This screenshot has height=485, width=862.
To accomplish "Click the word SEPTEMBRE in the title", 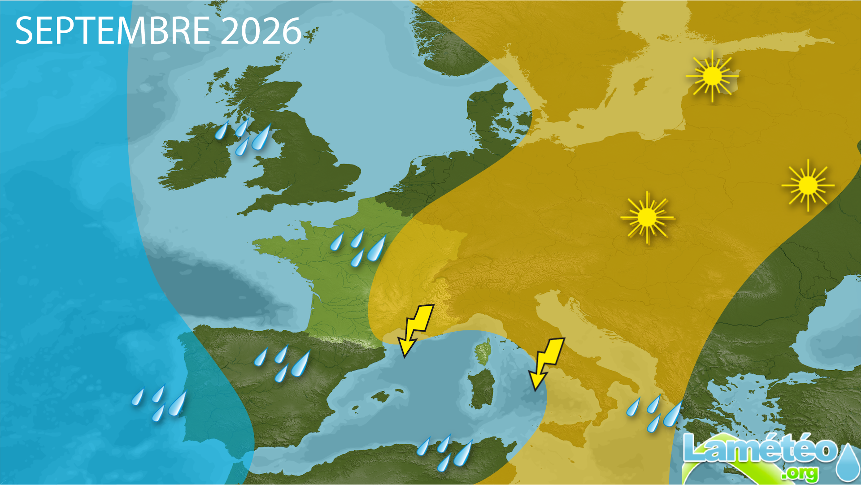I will coord(112,30).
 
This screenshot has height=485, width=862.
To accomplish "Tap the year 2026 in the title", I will coord(261,30).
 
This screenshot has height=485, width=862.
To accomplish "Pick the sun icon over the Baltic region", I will coord(712,76).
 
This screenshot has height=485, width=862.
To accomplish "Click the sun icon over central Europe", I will coord(647,218).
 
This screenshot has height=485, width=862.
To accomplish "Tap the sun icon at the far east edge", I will coord(808,185).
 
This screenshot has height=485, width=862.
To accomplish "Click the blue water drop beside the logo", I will coord(848,462).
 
